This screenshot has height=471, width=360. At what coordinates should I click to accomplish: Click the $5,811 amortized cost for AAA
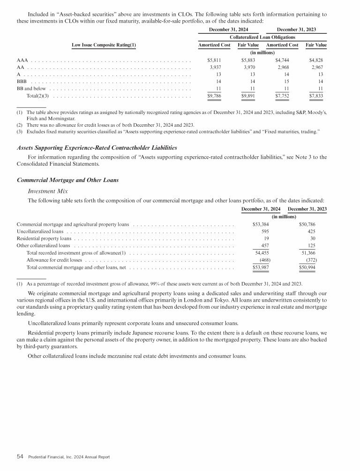[x=214, y=61]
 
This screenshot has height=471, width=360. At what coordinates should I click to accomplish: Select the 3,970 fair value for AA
[x=248, y=67]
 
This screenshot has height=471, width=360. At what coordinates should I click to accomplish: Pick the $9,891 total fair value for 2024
[x=247, y=97]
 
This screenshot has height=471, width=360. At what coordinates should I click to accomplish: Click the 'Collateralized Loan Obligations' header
[x=262, y=37]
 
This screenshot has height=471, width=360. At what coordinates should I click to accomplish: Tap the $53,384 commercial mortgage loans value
[x=261, y=224]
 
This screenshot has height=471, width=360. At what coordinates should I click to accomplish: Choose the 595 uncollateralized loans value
[x=264, y=231]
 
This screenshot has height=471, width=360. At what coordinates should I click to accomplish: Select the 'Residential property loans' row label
[x=44, y=238]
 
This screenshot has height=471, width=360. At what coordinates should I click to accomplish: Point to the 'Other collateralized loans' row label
[x=44, y=245]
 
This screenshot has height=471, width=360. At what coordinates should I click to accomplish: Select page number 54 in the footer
[x=20, y=456]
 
